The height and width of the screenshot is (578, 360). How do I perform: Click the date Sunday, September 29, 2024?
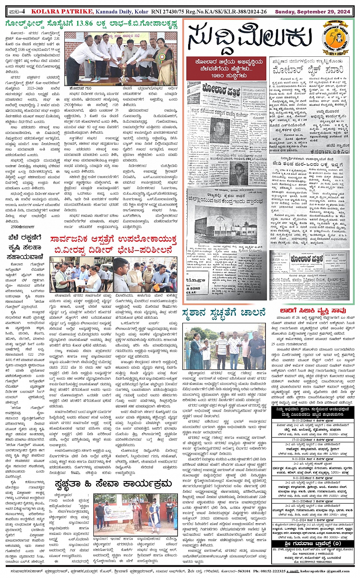pos(312,12)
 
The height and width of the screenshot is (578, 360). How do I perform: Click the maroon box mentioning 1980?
pos(225,69)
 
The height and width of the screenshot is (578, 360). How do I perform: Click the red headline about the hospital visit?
pos(113,245)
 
